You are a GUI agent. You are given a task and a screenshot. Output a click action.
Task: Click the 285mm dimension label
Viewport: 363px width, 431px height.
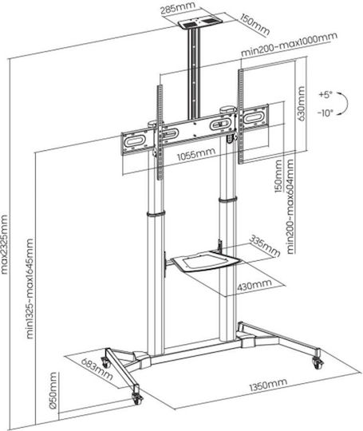pyautogui.click(x=178, y=9)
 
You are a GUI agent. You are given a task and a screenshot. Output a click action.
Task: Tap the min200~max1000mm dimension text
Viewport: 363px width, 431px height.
pyautogui.click(x=289, y=45)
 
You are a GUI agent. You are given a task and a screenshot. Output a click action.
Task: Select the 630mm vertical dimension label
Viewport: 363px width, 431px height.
pyautogui.click(x=302, y=104)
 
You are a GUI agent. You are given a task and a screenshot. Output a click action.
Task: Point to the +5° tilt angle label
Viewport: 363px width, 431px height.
pyautogui.click(x=326, y=95)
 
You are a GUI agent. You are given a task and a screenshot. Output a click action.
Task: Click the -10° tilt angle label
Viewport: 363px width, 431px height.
pyautogui.click(x=326, y=113)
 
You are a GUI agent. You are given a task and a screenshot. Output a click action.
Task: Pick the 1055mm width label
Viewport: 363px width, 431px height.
pyautogui.click(x=196, y=155)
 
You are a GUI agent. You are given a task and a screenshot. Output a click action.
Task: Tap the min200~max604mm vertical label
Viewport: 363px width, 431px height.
pyautogui.click(x=290, y=207)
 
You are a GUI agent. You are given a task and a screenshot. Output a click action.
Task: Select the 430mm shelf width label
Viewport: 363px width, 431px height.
pyautogui.click(x=254, y=285)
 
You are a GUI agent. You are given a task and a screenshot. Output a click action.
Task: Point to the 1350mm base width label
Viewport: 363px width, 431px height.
pyautogui.click(x=268, y=384)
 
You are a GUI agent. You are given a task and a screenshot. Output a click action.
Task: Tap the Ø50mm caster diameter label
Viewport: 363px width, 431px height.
pyautogui.click(x=53, y=390)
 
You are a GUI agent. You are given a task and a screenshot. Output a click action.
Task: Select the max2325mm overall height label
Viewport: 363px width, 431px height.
pyautogui.click(x=4, y=245)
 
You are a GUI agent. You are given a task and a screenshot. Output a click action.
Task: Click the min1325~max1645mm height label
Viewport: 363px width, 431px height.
pyautogui.click(x=30, y=289)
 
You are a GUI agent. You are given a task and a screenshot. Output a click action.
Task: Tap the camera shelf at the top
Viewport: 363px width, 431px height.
pyautogui.click(x=199, y=22)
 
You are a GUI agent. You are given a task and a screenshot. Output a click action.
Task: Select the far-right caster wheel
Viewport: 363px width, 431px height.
pyautogui.click(x=318, y=363)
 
